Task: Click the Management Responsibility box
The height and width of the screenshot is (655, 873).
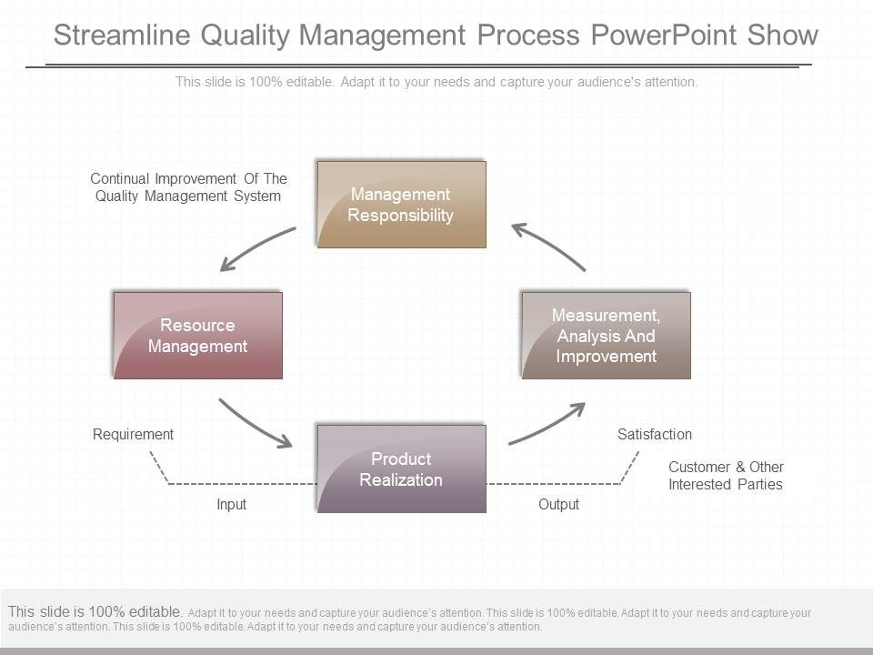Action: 401,205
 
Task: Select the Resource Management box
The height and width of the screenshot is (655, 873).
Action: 197,336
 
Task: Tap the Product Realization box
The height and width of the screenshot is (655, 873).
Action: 401,469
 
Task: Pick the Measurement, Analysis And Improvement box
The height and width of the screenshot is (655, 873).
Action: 606,336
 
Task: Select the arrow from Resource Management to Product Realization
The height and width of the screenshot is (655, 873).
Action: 255,424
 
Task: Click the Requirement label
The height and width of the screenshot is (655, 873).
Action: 133,435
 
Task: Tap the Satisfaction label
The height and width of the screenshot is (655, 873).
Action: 655,435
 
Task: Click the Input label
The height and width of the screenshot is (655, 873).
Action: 231,504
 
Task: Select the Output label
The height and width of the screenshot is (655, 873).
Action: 558,504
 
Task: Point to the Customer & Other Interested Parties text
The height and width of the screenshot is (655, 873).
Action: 726,476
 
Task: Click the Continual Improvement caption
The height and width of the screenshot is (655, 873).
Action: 188,187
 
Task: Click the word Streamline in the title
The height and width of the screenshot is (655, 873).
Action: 123,35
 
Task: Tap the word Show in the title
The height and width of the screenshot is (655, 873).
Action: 783,35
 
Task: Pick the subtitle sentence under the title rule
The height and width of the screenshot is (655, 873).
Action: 436,82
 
